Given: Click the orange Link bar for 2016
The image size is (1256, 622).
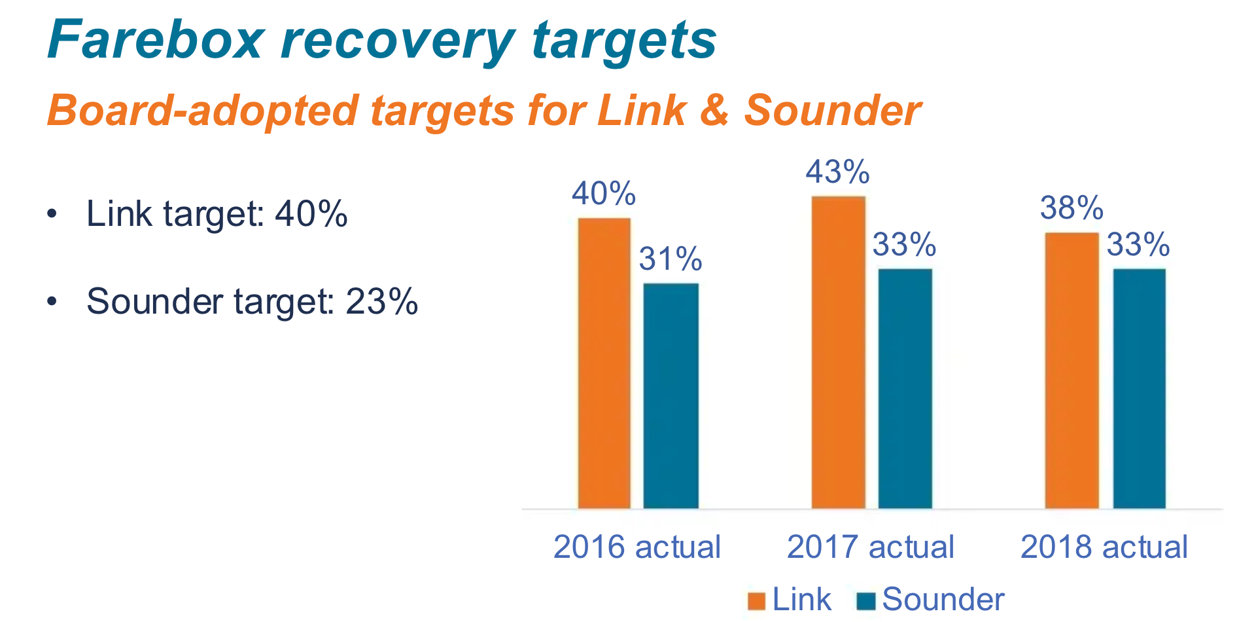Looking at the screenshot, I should [x=604, y=363].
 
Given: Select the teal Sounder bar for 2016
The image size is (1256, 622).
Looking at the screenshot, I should [x=671, y=396].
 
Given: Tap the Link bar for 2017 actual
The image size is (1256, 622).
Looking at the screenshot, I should [x=839, y=352].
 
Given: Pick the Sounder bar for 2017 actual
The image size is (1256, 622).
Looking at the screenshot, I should [x=905, y=388].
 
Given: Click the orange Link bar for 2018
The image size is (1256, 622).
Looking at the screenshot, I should [x=1072, y=370].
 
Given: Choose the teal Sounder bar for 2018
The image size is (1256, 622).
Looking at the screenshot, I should [x=1139, y=388].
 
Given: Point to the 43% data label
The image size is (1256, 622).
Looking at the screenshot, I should [x=837, y=172].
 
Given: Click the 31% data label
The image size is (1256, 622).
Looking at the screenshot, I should [x=671, y=259].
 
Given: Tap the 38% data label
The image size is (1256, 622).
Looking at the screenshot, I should [x=1072, y=208].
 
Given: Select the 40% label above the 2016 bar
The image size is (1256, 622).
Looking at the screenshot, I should [x=603, y=194].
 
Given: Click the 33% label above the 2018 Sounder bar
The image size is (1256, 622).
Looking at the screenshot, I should [x=1138, y=245].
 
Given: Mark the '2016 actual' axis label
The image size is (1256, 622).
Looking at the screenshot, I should [x=637, y=547].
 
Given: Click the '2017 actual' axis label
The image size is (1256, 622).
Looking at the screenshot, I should [x=870, y=547].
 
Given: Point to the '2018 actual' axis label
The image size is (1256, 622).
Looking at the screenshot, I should [x=1104, y=547].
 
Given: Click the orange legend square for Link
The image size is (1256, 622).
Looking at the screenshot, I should [x=756, y=601].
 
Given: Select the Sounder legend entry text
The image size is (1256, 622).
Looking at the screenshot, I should [x=943, y=599].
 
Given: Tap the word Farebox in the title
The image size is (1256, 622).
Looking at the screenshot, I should [x=156, y=41].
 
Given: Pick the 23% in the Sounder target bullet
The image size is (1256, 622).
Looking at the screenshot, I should [x=381, y=302].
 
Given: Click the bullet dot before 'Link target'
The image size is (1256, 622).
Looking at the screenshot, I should [x=52, y=214].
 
